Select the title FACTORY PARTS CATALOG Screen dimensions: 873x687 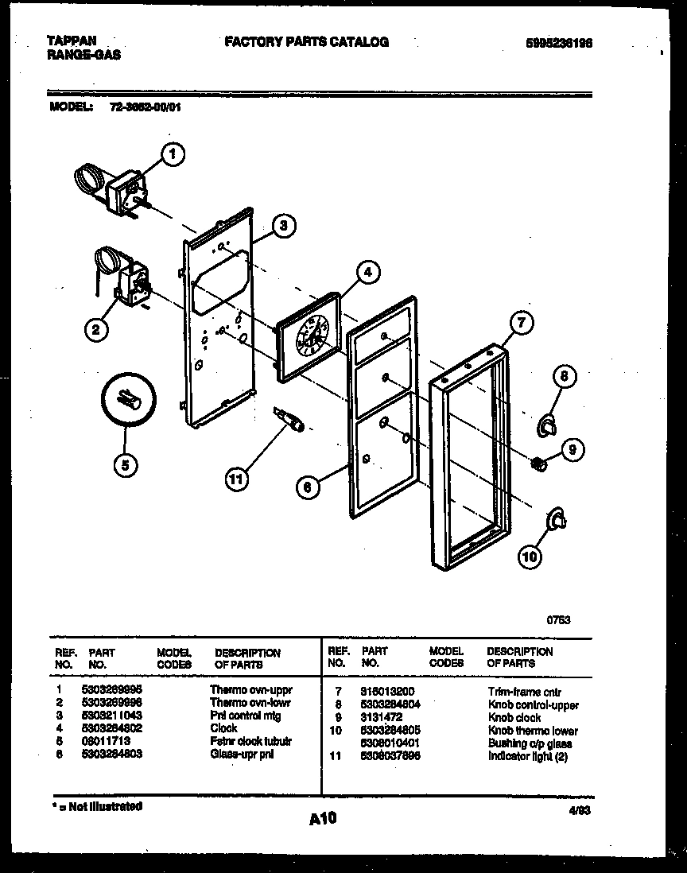pos(307,42)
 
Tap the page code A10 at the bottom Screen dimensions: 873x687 pos(323,819)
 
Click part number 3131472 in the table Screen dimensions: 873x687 pos(382,717)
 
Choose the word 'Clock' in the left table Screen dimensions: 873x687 pos(223,728)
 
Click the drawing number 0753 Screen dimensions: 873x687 pos(559,620)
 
